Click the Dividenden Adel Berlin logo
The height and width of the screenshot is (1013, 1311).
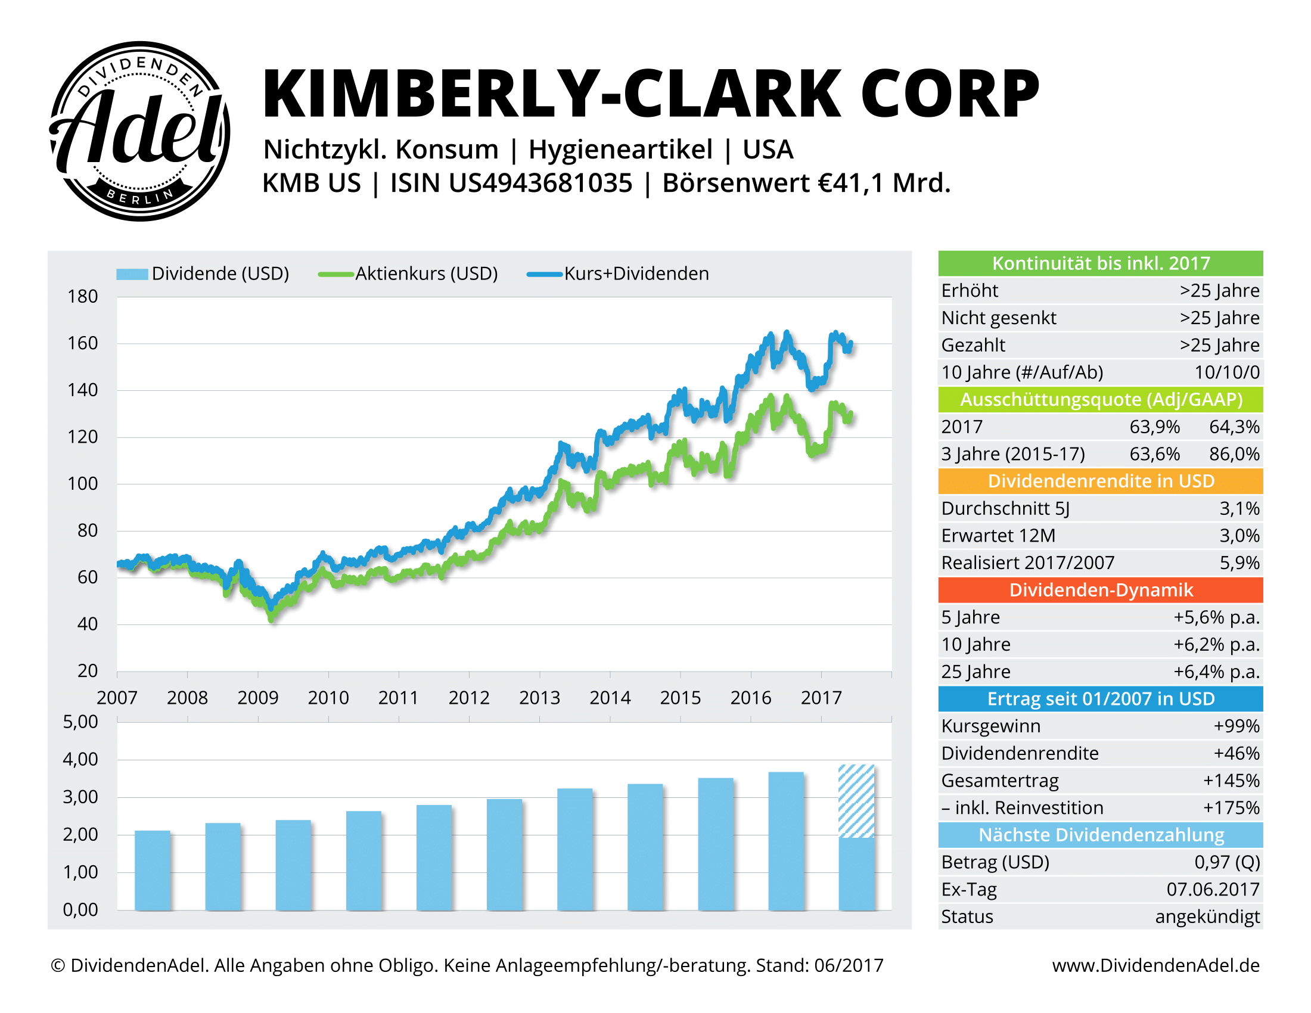click(139, 131)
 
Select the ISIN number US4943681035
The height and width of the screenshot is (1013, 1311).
click(540, 183)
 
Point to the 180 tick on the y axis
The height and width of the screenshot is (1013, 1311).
click(83, 297)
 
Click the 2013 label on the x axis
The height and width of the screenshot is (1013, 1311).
click(539, 697)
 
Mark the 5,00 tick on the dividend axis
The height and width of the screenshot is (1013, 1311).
click(80, 722)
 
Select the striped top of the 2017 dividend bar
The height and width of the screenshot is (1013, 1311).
click(856, 800)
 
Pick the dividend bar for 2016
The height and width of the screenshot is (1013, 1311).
click(786, 841)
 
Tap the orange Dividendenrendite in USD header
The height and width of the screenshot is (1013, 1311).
click(1100, 481)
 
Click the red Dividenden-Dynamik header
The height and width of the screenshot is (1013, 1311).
click(1100, 590)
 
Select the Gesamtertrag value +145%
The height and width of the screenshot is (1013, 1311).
click(1231, 780)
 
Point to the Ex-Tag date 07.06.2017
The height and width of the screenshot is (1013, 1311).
click(1213, 889)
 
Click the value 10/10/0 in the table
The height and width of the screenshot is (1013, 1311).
click(1226, 372)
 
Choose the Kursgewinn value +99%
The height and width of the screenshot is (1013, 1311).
click(1236, 726)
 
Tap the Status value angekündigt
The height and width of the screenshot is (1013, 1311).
click(1207, 916)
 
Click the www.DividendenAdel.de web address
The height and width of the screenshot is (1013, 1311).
click(1155, 965)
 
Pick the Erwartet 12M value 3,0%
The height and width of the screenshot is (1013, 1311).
click(1239, 535)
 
